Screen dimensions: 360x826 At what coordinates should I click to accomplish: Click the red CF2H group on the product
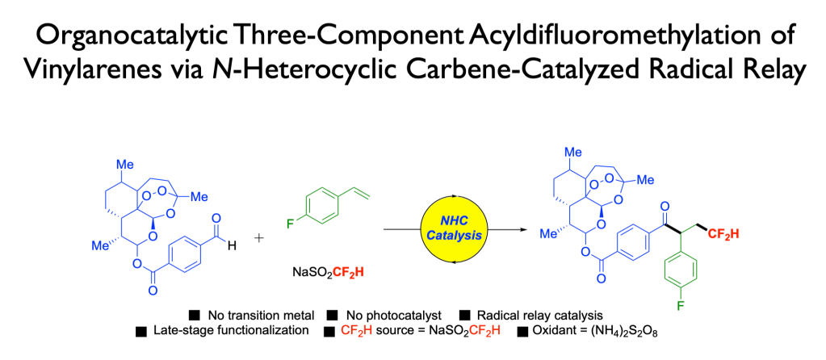click(723, 233)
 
